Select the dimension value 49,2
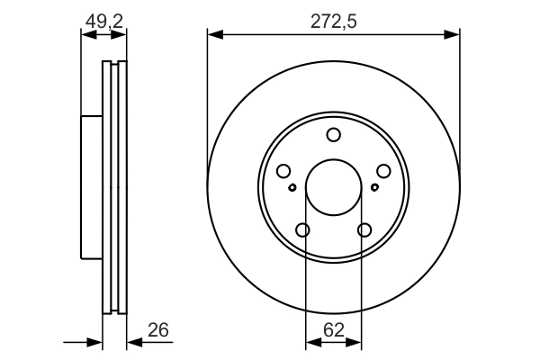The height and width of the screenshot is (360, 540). tap(103, 21)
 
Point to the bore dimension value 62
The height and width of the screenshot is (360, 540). tap(333, 329)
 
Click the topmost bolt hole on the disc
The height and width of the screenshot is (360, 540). tap(333, 135)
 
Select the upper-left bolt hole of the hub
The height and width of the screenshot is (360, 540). tap(283, 171)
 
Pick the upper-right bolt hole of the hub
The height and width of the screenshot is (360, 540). tap(383, 171)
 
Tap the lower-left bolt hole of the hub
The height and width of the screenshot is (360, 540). tap(302, 230)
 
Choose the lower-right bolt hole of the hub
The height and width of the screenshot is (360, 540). tap(364, 230)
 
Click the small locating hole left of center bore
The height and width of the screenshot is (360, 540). tap(292, 188)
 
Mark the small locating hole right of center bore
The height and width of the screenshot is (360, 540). tap(374, 188)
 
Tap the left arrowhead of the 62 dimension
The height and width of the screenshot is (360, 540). tap(311, 343)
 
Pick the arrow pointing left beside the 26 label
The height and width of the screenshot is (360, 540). tap(134, 342)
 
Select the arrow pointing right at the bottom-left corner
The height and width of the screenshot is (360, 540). tap(95, 342)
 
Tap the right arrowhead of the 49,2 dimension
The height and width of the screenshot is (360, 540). tap(121, 35)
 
